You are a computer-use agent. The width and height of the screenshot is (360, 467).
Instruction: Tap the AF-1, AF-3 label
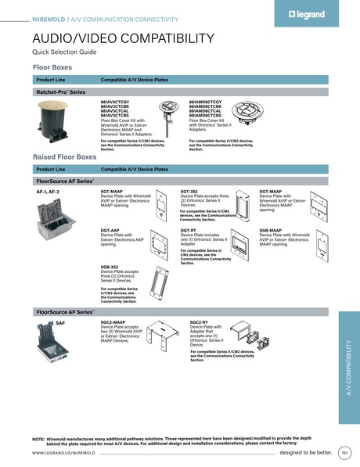49,191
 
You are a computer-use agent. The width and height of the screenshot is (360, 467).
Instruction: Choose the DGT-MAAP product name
271,191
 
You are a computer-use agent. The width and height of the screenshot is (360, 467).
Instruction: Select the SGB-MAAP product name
271,230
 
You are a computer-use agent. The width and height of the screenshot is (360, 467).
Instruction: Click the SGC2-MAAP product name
113,322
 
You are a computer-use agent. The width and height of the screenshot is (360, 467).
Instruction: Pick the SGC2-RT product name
198,322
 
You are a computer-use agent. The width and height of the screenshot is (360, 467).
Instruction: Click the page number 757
344,452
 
